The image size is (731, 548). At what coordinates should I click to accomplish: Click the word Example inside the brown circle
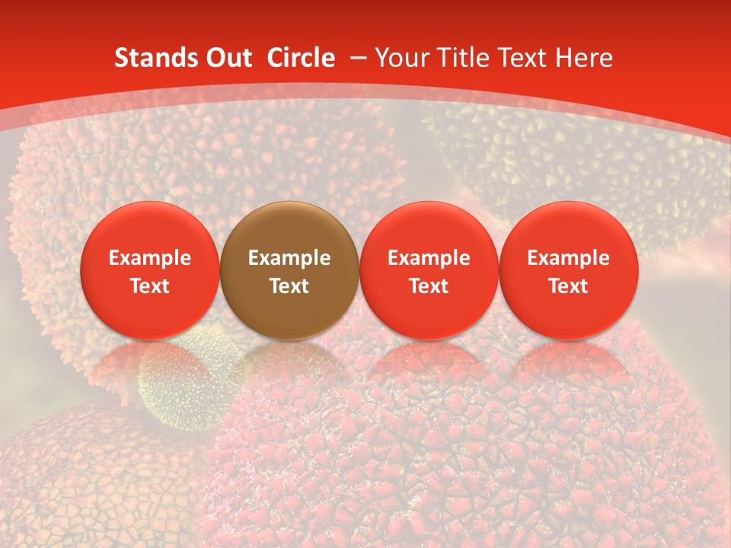click(289, 258)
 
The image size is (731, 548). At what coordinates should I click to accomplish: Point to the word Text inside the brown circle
click(289, 285)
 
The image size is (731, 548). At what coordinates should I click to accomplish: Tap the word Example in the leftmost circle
click(150, 258)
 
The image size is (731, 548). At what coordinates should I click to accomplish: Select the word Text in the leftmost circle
click(150, 285)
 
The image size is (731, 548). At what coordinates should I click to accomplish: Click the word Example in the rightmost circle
click(569, 258)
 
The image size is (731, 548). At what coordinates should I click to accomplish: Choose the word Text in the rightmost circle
click(569, 285)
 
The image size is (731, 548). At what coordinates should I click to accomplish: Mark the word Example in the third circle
click(429, 258)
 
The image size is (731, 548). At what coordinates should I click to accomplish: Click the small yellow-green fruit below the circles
click(190, 381)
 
